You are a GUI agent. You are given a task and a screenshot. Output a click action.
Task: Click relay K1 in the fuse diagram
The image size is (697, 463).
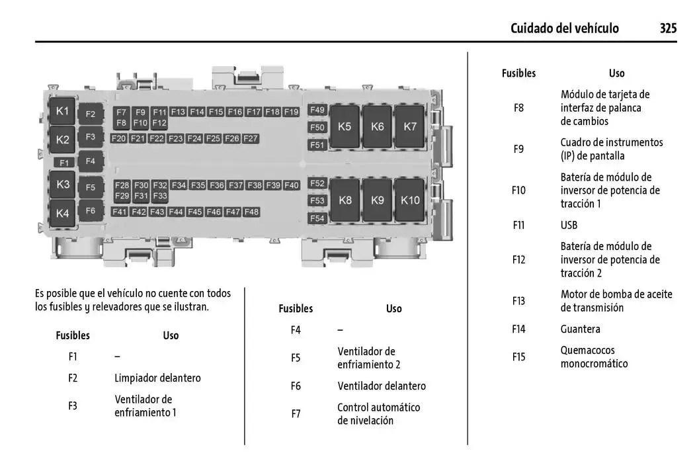[x=62, y=111]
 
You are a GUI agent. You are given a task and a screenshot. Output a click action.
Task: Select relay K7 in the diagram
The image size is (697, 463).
[x=410, y=126]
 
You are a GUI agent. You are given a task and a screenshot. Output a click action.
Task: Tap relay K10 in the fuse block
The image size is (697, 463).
[x=410, y=199]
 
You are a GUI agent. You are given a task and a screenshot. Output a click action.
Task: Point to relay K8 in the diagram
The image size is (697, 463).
[x=345, y=199]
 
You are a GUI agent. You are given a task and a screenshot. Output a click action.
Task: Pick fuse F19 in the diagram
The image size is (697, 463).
[x=292, y=112]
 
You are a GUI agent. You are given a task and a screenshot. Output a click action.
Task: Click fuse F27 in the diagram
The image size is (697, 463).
[x=251, y=138]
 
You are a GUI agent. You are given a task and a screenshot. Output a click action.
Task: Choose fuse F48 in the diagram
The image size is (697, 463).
[x=251, y=212]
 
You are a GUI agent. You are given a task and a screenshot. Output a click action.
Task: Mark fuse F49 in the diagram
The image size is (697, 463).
[x=317, y=110]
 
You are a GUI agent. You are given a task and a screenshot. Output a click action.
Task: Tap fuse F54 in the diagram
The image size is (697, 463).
[x=317, y=218]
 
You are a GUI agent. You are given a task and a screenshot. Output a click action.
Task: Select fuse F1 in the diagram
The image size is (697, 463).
[x=64, y=163]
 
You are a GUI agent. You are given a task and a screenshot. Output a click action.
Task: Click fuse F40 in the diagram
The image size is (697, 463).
[x=292, y=185]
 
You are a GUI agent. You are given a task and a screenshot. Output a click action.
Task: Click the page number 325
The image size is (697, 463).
[x=668, y=28]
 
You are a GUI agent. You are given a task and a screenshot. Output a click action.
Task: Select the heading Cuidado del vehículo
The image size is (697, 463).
[x=565, y=28]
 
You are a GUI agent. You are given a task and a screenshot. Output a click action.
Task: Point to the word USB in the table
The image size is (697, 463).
[x=569, y=225]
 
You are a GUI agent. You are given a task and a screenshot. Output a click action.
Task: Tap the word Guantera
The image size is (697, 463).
[x=581, y=329]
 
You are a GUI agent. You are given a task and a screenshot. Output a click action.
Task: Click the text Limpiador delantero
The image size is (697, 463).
[x=157, y=378]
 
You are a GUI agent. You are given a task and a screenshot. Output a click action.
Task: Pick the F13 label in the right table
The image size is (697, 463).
[x=518, y=301]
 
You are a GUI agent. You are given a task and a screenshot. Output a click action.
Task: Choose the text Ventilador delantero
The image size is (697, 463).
[x=382, y=386]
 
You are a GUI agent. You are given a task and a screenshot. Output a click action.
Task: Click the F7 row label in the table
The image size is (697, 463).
[x=296, y=413]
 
